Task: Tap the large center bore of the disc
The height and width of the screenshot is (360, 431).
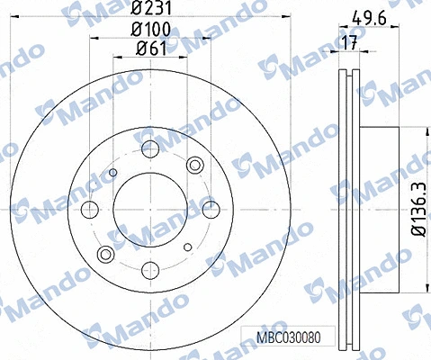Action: click(149, 209)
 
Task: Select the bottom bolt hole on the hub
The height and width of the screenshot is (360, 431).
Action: click(149, 268)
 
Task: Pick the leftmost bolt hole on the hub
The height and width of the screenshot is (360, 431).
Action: click(89, 209)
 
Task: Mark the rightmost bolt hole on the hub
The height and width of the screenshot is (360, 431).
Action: click(209, 209)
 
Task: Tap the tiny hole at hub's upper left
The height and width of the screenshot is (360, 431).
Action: click(112, 173)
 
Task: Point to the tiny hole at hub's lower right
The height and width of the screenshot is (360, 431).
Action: click(185, 245)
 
